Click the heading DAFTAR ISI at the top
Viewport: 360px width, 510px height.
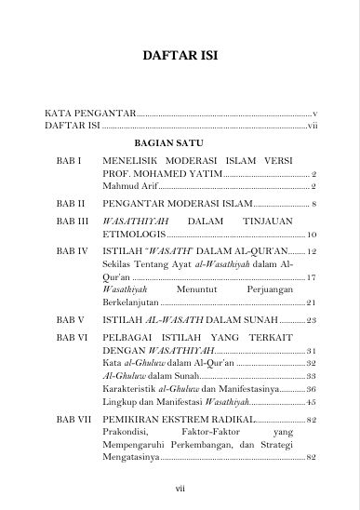(180, 55)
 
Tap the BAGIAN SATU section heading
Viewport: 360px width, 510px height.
(167, 144)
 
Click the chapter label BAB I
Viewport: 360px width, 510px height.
(70, 161)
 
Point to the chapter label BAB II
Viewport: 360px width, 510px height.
(71, 202)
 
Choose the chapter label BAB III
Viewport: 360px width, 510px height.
(72, 222)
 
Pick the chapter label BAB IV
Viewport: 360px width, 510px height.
(72, 251)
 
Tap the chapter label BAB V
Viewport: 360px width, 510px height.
(71, 320)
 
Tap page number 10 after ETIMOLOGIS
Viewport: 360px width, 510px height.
(313, 235)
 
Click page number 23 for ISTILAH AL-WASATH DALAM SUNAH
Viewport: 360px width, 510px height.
(313, 320)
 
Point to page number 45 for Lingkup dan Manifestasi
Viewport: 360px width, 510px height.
(313, 401)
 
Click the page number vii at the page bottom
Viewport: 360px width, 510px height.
(180, 486)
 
